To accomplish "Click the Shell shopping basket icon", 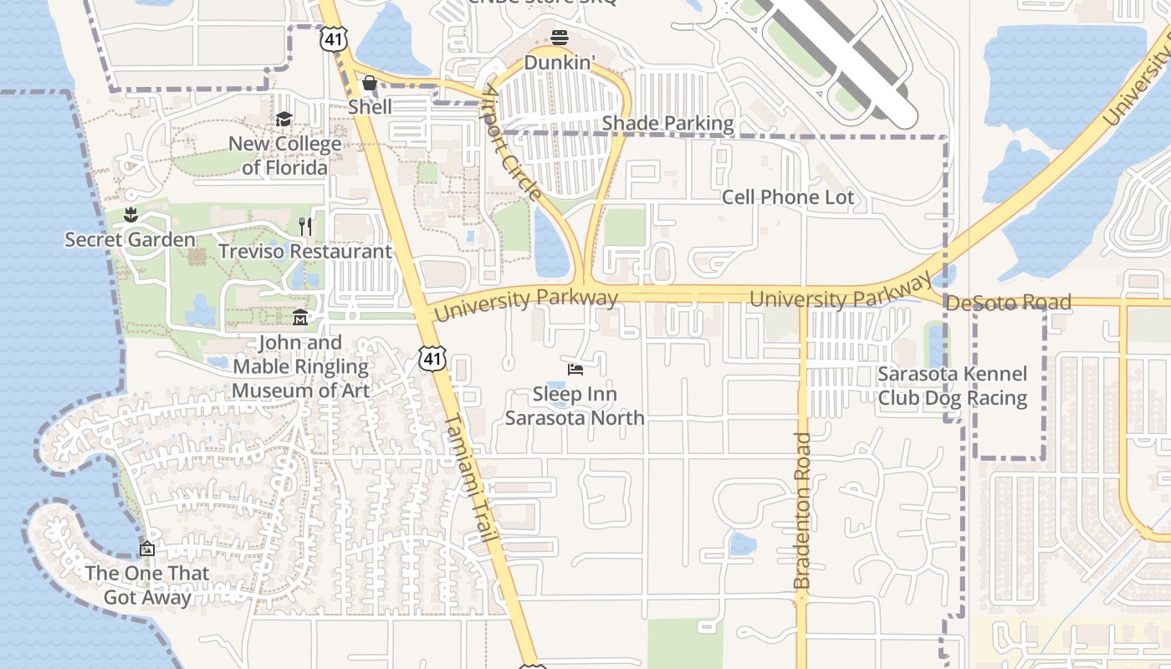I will (x=369, y=84).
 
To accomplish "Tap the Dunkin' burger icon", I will (x=560, y=38).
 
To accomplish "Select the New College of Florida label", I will (x=284, y=156).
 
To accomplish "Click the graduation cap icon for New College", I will (x=284, y=120).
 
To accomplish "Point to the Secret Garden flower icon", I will (x=130, y=216).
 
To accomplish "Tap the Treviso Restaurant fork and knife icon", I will (x=305, y=227).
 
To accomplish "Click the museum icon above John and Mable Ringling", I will (x=300, y=318).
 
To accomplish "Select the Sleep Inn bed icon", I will (x=575, y=369).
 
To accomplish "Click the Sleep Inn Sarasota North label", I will (x=575, y=406).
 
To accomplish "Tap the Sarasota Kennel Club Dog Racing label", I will (x=952, y=386).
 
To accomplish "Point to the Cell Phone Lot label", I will (x=788, y=197).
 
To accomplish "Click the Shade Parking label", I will (x=667, y=124).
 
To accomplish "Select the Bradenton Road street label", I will (x=802, y=510).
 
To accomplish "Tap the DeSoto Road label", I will (x=1008, y=302).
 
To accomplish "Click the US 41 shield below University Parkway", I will (x=432, y=359).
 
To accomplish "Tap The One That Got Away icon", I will (x=147, y=549).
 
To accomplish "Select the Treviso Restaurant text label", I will (x=304, y=251).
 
